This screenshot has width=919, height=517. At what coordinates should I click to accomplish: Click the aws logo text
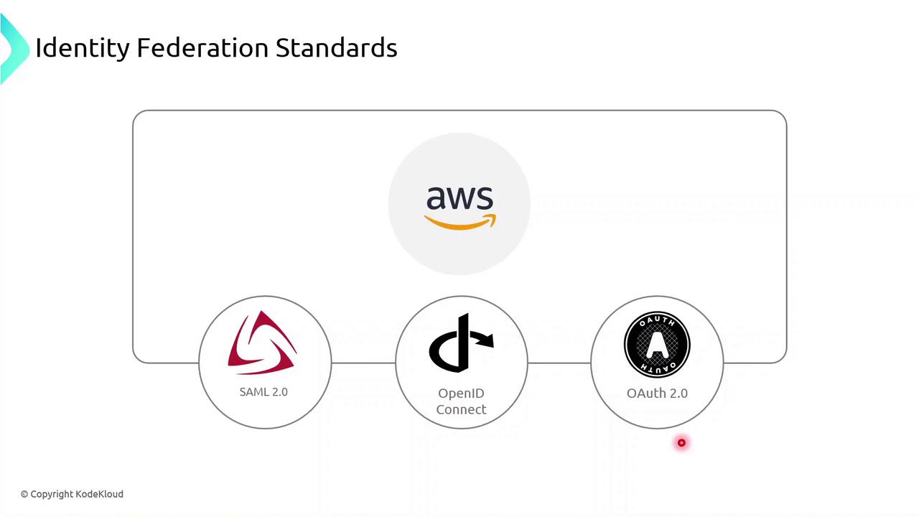[459, 197]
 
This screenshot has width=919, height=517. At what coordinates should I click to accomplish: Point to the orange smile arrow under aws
[459, 223]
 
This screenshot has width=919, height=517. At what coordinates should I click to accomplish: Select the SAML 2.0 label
[263, 392]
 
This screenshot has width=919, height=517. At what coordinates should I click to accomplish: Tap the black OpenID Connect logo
[461, 343]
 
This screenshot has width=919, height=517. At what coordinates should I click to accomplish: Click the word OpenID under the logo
[461, 393]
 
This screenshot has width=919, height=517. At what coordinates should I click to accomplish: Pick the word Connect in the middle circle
[461, 409]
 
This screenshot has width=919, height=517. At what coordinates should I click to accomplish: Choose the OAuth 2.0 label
[657, 393]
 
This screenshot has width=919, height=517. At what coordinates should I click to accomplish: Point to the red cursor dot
[681, 443]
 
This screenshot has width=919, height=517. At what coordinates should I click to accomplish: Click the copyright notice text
[72, 494]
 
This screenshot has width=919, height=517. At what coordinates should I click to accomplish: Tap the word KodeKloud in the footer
[99, 494]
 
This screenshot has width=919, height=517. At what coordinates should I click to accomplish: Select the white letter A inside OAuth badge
[657, 345]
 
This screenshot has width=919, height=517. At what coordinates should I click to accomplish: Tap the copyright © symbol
[24, 494]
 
